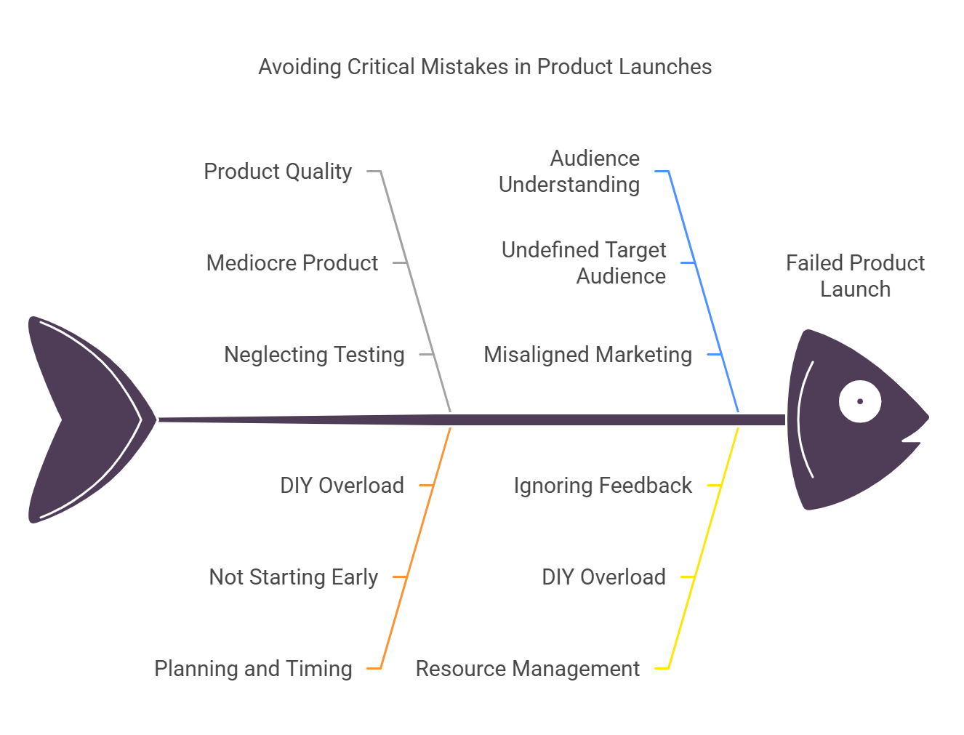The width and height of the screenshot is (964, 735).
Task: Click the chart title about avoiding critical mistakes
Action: point(485,67)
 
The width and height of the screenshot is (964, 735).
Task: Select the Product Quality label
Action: point(278,172)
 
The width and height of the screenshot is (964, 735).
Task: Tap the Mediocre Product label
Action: point(292,263)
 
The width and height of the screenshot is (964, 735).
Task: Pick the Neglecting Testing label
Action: point(314,355)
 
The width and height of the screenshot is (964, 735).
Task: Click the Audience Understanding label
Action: point(569,172)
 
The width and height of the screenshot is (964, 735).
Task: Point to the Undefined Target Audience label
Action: point(584,263)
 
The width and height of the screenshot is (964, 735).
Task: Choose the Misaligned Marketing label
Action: point(587,355)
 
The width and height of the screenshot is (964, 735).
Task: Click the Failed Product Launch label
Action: point(855,276)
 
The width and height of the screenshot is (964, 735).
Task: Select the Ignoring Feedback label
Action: point(603,486)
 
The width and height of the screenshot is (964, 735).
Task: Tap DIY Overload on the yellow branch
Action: point(603,577)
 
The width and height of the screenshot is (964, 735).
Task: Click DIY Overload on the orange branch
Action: point(342,486)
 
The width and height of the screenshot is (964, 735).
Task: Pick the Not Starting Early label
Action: point(294,577)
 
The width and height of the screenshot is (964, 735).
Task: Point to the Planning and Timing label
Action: point(253,669)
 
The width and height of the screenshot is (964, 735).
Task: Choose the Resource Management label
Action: point(528,669)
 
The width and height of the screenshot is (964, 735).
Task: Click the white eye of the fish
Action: point(860,401)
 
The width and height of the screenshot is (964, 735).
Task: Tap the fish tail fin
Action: point(80,419)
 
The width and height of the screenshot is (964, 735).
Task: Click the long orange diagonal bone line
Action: point(417,545)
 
